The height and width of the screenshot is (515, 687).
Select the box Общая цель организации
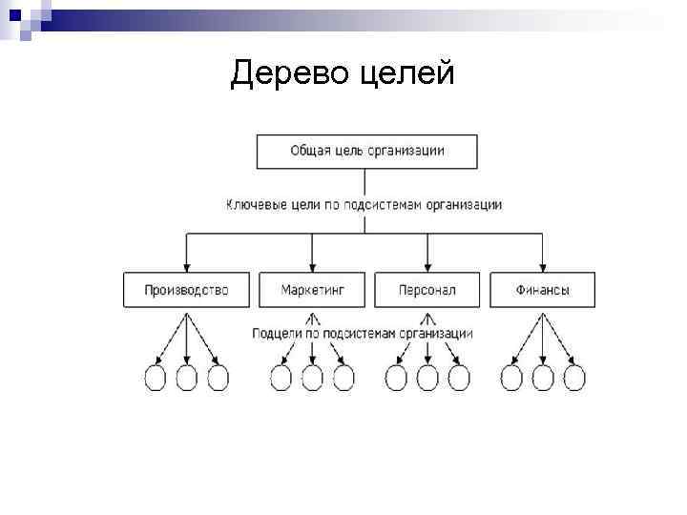[x=366, y=152]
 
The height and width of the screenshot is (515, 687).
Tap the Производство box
[x=187, y=290]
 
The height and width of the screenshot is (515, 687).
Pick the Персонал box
[x=427, y=290]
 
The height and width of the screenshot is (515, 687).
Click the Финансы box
[x=542, y=290]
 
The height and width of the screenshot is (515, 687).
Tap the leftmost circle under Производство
[x=155, y=378]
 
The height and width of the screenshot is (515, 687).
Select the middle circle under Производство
[x=187, y=378]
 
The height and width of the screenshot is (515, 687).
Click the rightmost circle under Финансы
[x=573, y=378]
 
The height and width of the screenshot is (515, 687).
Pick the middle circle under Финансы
[x=542, y=378]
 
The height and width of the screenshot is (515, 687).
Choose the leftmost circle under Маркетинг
[x=281, y=378]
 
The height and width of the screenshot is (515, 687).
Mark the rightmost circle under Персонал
[x=459, y=378]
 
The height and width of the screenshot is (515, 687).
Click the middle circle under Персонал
[x=427, y=378]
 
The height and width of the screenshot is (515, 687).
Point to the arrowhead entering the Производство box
[x=187, y=267]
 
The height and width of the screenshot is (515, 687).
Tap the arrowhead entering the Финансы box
[x=542, y=267]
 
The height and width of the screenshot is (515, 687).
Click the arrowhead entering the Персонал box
[x=427, y=267]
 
